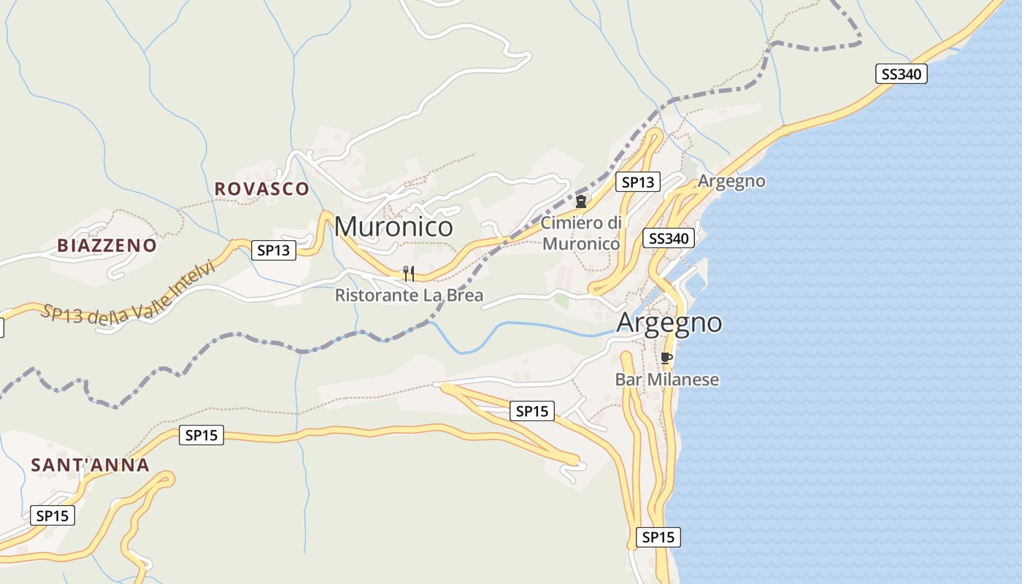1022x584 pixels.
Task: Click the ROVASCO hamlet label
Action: (261, 189)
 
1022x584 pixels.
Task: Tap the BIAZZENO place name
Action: (107, 245)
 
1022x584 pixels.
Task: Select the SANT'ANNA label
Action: (90, 465)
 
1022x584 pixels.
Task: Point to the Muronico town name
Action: (393, 227)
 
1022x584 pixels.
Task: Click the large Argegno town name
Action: (669, 323)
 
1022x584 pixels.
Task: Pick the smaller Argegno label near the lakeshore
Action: (731, 181)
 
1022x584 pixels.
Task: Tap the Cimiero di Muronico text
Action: (581, 233)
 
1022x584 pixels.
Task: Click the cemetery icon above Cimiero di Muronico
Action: (581, 201)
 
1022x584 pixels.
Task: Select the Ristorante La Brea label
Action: (409, 296)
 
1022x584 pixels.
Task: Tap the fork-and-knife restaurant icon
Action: (409, 274)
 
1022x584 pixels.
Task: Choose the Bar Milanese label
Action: (666, 380)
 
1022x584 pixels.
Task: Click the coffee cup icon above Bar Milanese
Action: (665, 358)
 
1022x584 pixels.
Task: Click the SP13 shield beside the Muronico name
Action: (274, 250)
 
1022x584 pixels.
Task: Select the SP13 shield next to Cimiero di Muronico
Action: (638, 182)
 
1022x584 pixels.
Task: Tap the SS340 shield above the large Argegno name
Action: (667, 238)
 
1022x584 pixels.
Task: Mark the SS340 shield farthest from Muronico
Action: (901, 74)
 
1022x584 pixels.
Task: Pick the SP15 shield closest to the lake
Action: (658, 537)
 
